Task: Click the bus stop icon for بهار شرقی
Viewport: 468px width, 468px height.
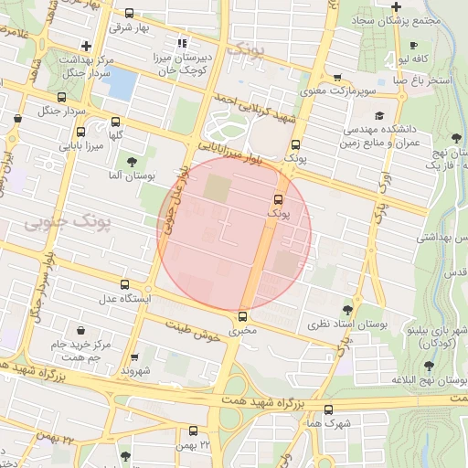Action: point(129,14)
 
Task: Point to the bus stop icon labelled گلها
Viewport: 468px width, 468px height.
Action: point(115,121)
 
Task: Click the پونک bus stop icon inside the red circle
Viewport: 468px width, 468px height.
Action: point(277,197)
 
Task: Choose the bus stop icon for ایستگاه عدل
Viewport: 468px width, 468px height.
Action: point(124,285)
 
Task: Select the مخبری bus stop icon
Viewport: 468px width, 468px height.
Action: point(242,316)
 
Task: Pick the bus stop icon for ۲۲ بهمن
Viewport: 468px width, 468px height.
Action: point(192,430)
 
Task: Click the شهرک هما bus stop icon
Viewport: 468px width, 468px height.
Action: point(328,409)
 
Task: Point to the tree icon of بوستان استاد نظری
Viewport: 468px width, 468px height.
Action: point(346,310)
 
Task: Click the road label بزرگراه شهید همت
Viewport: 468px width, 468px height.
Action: point(265,403)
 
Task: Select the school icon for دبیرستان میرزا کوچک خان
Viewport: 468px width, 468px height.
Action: point(183,41)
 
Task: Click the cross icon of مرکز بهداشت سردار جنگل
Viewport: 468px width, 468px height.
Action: point(86,45)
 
